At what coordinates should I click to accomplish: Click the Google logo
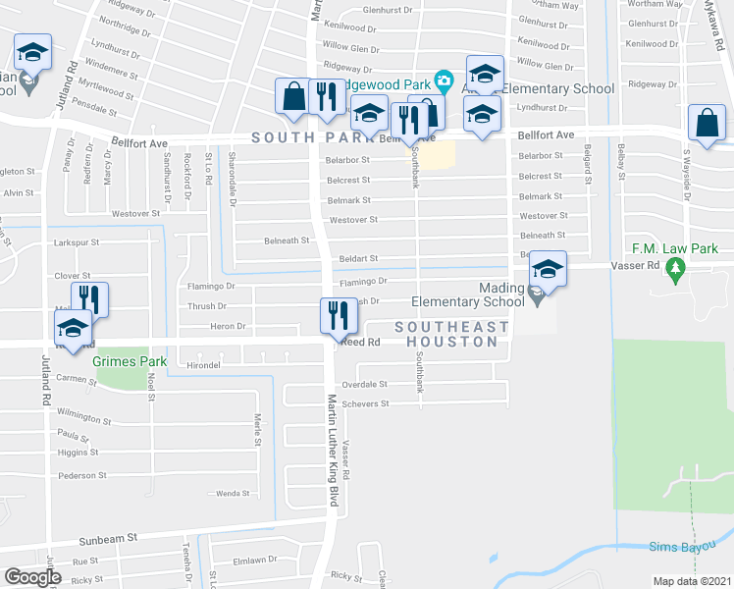point(32,577)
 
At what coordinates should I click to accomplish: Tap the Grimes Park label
point(130,362)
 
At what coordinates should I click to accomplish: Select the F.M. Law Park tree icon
point(674,267)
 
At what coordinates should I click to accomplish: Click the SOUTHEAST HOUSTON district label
point(452,334)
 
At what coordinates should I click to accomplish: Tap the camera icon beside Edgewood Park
point(444,80)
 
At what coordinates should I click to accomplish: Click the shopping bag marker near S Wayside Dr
point(708,124)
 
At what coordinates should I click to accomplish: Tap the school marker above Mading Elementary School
point(549,271)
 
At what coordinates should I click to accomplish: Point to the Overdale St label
point(365,385)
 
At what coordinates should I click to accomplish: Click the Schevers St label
point(365,403)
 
